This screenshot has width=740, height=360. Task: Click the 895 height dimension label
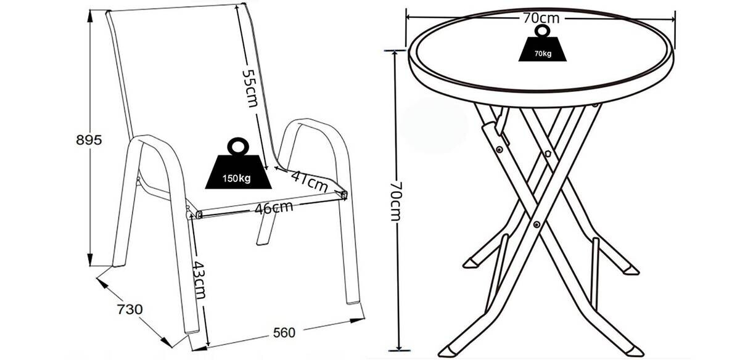[x=88, y=139]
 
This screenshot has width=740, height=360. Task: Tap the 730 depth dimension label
[x=130, y=309]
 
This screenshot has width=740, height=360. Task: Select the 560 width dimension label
[x=284, y=333]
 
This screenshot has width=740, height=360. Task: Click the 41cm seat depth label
[x=308, y=180]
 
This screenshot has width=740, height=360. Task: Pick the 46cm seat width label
[x=274, y=208]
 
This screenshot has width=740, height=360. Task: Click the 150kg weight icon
[x=236, y=168]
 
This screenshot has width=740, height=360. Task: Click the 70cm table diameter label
[x=540, y=18]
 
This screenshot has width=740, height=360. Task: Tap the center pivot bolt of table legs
[x=537, y=224]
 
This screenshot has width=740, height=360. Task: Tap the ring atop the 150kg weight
[x=236, y=147]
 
